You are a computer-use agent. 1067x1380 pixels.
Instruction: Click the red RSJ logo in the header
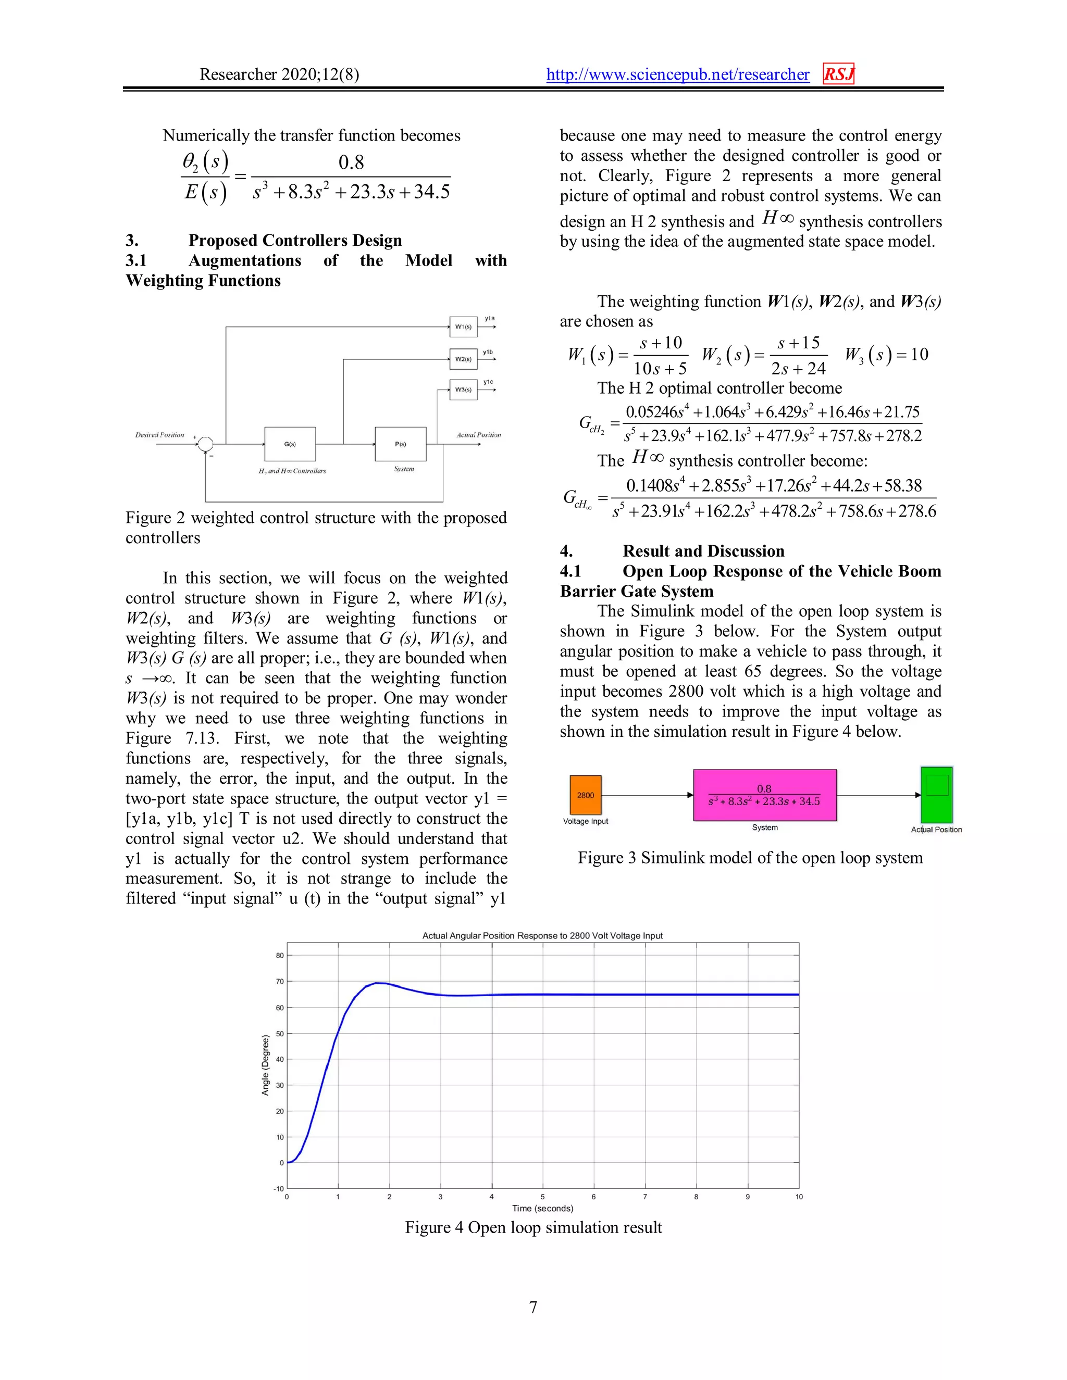pyautogui.click(x=838, y=74)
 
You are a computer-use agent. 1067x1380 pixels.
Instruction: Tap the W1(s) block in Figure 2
pyautogui.click(x=463, y=327)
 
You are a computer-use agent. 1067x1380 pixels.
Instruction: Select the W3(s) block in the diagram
pyautogui.click(x=463, y=389)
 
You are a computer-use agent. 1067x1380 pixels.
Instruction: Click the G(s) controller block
pyautogui.click(x=290, y=444)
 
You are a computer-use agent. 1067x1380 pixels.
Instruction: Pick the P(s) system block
pyautogui.click(x=400, y=444)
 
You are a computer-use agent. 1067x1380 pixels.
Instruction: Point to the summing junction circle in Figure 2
pyautogui.click(x=205, y=444)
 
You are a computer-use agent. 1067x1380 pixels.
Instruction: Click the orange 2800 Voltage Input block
pyautogui.click(x=585, y=795)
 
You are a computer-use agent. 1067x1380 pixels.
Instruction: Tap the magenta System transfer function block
pyautogui.click(x=764, y=795)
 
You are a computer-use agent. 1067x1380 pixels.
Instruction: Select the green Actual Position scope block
pyautogui.click(x=936, y=795)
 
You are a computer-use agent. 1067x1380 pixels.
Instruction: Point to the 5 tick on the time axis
pyautogui.click(x=542, y=1197)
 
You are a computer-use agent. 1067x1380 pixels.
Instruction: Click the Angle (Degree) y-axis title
pyautogui.click(x=266, y=1065)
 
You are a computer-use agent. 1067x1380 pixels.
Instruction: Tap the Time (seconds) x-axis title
pyautogui.click(x=542, y=1208)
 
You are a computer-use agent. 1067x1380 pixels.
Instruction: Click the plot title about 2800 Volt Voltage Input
pyautogui.click(x=542, y=936)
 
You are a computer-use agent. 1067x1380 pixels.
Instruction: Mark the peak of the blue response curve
pyautogui.click(x=377, y=983)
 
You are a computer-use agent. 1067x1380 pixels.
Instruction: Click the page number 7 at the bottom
pyautogui.click(x=533, y=1307)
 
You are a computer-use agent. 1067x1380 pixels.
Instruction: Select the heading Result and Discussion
pyautogui.click(x=703, y=551)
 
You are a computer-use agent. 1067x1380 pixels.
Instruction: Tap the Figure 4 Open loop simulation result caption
pyautogui.click(x=533, y=1227)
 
